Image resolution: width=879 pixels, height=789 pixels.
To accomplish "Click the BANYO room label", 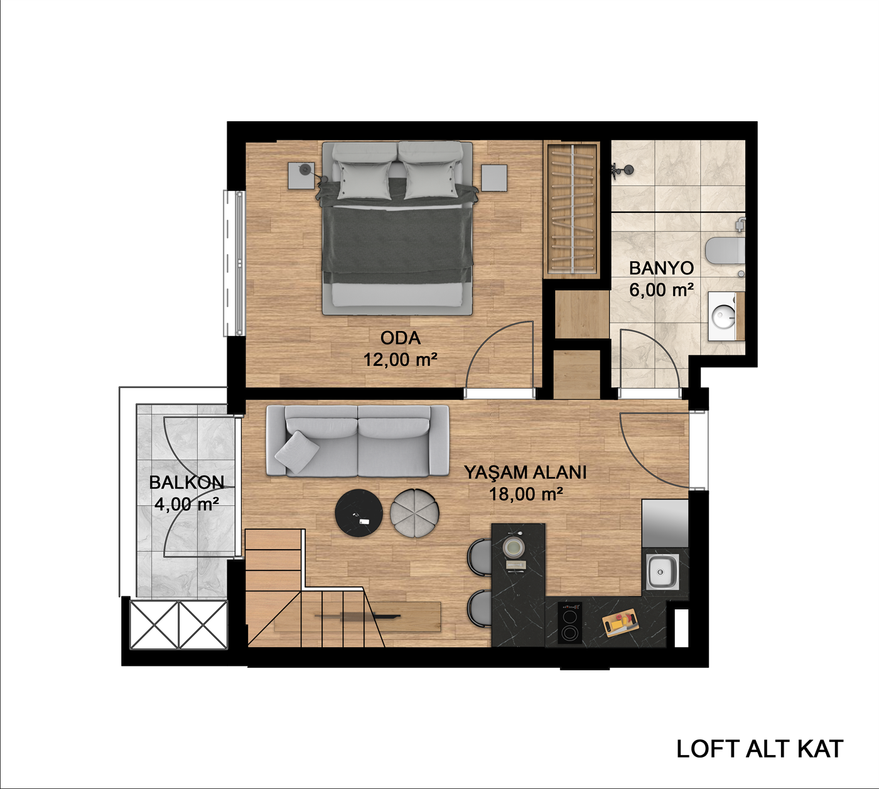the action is pyautogui.click(x=661, y=268).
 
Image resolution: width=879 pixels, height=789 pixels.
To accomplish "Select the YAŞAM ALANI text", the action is pyautogui.click(x=525, y=472).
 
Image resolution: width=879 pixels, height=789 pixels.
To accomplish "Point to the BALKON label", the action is pyautogui.click(x=186, y=482).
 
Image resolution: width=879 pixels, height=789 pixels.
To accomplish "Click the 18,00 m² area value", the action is pyautogui.click(x=526, y=494).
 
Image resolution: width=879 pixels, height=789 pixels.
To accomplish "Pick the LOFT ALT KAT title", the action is pyautogui.click(x=760, y=749).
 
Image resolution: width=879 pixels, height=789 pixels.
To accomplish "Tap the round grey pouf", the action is pyautogui.click(x=414, y=513).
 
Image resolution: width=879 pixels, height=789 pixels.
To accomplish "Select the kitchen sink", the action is pyautogui.click(x=661, y=572).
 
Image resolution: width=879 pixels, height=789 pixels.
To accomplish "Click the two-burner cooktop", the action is pyautogui.click(x=569, y=623).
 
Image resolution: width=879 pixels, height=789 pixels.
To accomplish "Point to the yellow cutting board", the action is pyautogui.click(x=622, y=623).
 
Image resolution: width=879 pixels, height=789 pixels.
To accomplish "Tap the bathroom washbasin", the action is pyautogui.click(x=723, y=316).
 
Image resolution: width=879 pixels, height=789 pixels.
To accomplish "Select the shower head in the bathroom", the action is pyautogui.click(x=623, y=169).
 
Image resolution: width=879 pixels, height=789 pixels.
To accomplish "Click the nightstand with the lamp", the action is pyautogui.click(x=301, y=175).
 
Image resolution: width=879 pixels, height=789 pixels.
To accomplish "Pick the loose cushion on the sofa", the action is pyautogui.click(x=297, y=452).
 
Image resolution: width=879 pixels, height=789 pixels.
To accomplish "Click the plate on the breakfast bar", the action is pyautogui.click(x=514, y=547).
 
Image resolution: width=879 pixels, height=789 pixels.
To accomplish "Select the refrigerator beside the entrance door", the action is pyautogui.click(x=665, y=523).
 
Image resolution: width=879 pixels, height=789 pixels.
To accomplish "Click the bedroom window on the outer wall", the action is pyautogui.click(x=235, y=263).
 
